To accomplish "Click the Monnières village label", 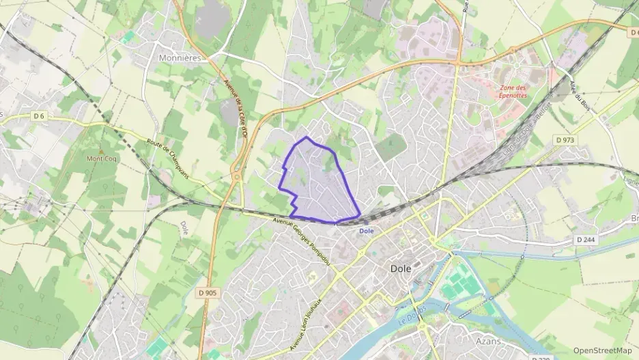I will (180, 58).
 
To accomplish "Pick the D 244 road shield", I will (584, 240).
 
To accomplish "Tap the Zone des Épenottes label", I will (513, 92).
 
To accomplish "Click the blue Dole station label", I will (367, 231).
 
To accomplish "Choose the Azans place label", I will (489, 341).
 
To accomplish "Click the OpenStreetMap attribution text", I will (603, 350).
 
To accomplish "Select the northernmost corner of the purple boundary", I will (307, 137).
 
